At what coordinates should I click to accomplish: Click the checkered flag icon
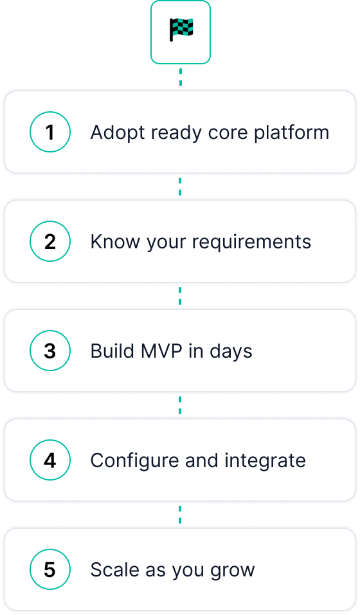(x=181, y=30)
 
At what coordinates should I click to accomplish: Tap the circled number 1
(x=50, y=132)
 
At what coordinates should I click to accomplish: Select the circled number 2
(x=50, y=241)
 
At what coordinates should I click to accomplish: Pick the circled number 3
(x=50, y=351)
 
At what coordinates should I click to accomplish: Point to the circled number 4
(x=50, y=460)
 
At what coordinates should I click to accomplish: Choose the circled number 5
(x=50, y=569)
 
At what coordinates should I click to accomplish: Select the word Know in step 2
(x=115, y=242)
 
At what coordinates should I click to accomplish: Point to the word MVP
(x=161, y=351)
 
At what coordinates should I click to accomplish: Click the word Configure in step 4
(x=135, y=461)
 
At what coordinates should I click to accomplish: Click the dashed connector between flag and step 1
(x=181, y=77)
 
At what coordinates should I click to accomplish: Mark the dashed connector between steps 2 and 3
(x=180, y=296)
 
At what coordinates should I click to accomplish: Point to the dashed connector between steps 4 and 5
(x=180, y=515)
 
